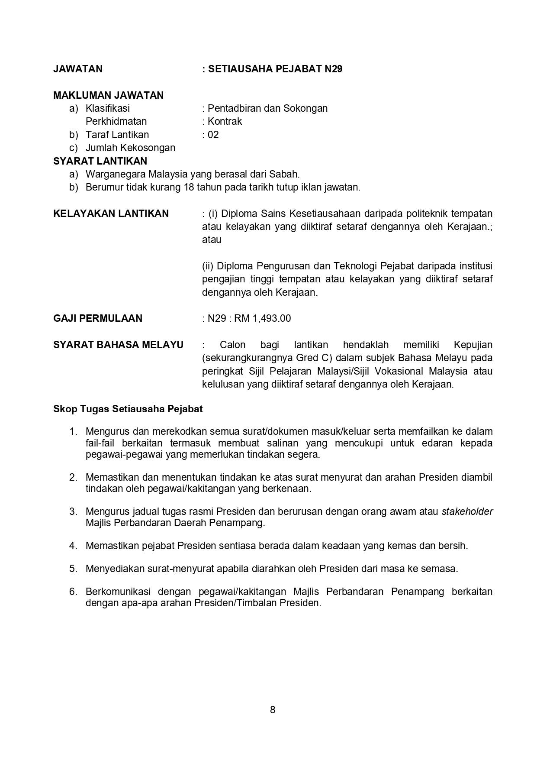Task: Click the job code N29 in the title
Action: tap(333, 69)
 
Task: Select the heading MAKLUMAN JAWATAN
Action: tap(108, 95)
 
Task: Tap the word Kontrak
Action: tap(225, 121)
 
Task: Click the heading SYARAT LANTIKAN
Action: tap(100, 161)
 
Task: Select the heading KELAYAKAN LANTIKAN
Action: tap(111, 213)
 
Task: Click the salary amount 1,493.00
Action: tap(272, 318)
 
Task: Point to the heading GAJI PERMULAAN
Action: tap(97, 318)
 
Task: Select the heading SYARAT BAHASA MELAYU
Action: tap(118, 345)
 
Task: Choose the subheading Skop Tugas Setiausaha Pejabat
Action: tap(128, 409)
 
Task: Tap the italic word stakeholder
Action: tap(467, 511)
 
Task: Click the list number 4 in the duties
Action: tap(73, 546)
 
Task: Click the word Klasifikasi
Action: tap(108, 108)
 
